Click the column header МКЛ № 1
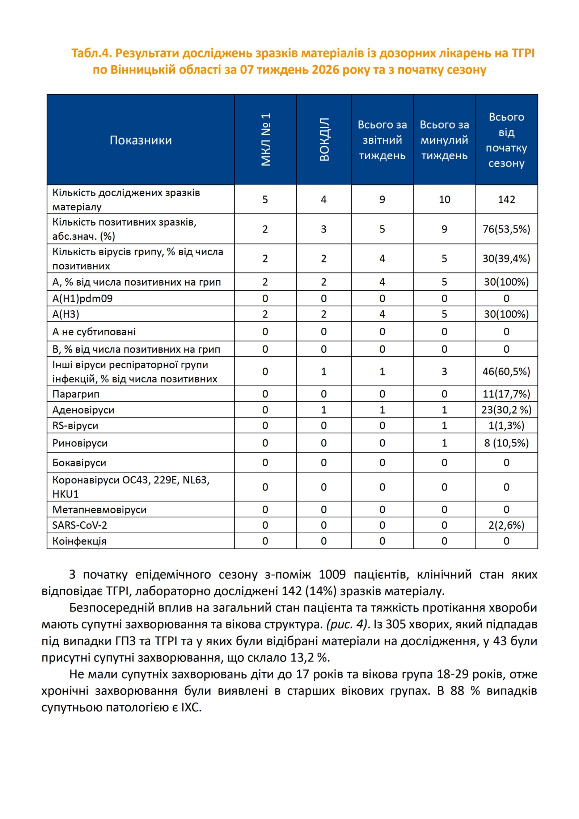(x=266, y=140)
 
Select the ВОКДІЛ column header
(x=324, y=140)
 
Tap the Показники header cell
(x=141, y=140)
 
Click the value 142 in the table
(x=506, y=199)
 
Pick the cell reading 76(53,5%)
(x=506, y=229)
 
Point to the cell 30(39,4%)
(x=506, y=259)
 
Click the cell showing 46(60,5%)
(x=506, y=371)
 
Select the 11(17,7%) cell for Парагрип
(x=506, y=394)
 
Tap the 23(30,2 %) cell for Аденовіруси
(x=506, y=410)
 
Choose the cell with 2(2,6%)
(x=506, y=525)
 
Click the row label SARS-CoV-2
(x=80, y=525)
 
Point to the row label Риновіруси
(x=80, y=443)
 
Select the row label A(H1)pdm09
(x=83, y=298)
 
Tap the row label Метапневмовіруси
(x=100, y=509)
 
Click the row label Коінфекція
(x=79, y=541)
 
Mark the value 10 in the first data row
(x=444, y=199)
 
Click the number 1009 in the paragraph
(x=332, y=575)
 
